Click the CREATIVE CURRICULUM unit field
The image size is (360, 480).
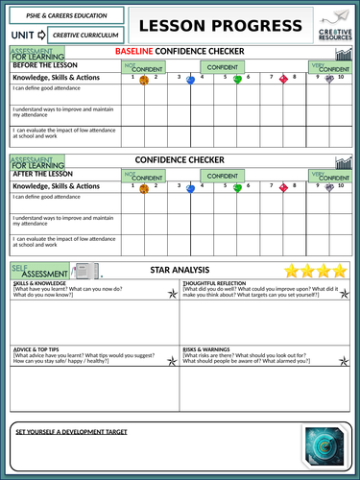click(x=84, y=35)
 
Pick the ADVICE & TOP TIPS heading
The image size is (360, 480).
click(x=38, y=349)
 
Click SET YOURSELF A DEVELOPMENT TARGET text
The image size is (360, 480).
click(x=72, y=432)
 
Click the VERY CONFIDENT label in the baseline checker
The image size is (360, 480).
click(x=331, y=68)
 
